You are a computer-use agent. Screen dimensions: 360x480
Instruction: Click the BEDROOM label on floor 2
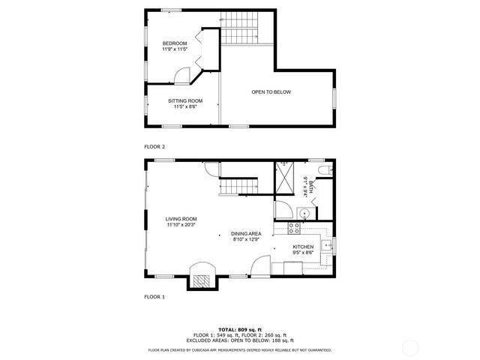175,43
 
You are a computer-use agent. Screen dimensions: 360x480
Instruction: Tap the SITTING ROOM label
184,100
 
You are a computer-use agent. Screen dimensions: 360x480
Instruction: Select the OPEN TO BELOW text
271,92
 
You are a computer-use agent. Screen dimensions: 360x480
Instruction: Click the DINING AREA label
245,234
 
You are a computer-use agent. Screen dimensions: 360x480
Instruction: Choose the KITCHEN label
303,247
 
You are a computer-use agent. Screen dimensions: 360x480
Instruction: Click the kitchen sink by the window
327,244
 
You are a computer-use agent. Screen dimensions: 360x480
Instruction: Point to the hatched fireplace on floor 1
200,279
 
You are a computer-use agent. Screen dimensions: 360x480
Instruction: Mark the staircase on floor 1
238,185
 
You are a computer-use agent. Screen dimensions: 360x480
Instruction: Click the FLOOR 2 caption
154,146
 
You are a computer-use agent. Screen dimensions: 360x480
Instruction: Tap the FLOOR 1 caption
154,297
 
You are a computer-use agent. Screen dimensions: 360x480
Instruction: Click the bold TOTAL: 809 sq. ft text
240,329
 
